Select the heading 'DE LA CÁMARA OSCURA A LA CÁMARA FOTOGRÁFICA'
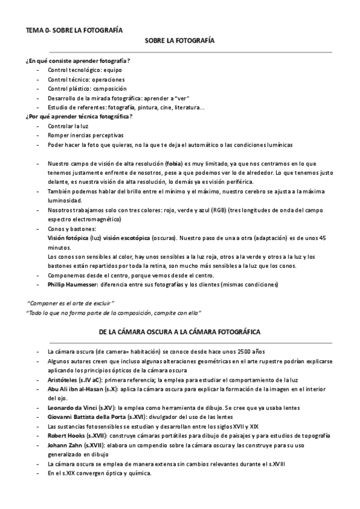point(179,331)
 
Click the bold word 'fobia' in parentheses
point(175,163)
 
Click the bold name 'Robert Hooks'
point(65,435)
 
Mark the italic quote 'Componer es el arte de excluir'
point(71,303)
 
